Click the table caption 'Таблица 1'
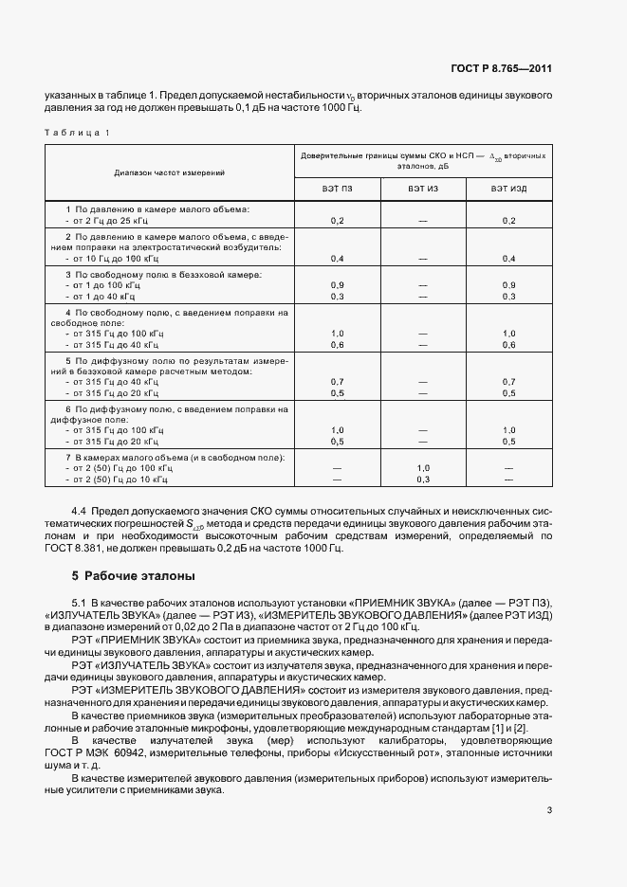[77, 132]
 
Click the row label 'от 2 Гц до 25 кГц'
[105, 220]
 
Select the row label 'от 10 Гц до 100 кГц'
[112, 258]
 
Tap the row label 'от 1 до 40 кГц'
[103, 297]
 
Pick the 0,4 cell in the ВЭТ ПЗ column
[337, 258]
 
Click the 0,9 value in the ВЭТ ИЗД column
[508, 285]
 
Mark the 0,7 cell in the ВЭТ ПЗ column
[337, 381]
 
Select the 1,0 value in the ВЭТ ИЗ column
[423, 468]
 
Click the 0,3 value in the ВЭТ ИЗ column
[423, 480]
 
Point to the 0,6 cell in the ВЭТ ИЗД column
[508, 345]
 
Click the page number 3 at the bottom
[549, 810]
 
